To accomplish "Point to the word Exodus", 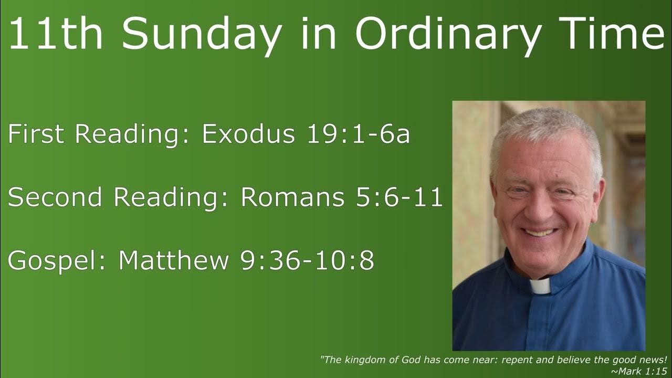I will pyautogui.click(x=248, y=135).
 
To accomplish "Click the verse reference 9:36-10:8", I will pyautogui.click(x=307, y=261).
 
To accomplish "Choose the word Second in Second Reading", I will pyautogui.click(x=55, y=197).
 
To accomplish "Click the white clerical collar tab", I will pyautogui.click(x=540, y=287).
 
